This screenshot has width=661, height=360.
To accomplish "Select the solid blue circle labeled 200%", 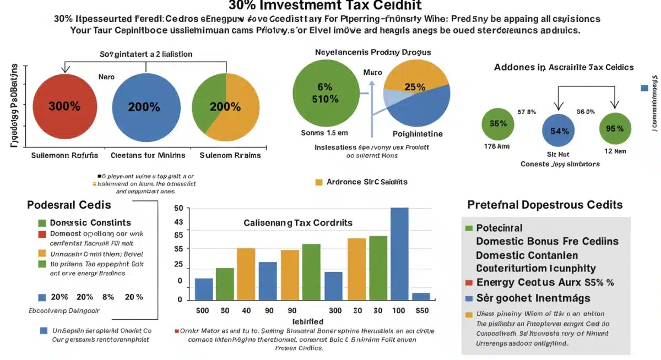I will pyautogui.click(x=146, y=107).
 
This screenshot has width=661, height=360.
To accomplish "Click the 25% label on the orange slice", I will pyautogui.click(x=414, y=87).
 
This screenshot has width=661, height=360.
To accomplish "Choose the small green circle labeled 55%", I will pyautogui.click(x=498, y=123).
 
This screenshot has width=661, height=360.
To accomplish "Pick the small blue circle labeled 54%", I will pyautogui.click(x=559, y=131).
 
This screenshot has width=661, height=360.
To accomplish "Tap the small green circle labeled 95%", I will pyautogui.click(x=615, y=128).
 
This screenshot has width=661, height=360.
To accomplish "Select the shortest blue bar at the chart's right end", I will pyautogui.click(x=421, y=296).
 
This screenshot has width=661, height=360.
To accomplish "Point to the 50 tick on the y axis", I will pyautogui.click(x=178, y=209).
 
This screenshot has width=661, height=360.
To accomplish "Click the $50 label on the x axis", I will pyautogui.click(x=421, y=310).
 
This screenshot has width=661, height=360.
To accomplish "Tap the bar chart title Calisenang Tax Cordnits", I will pyautogui.click(x=298, y=223).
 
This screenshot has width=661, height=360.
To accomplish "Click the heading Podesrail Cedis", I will pyautogui.click(x=69, y=205).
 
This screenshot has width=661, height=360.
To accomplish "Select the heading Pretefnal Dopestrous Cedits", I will pyautogui.click(x=545, y=205).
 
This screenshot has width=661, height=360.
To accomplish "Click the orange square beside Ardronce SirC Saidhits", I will pyautogui.click(x=318, y=182).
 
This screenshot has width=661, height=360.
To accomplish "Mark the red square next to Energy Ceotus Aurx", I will pyautogui.click(x=469, y=283).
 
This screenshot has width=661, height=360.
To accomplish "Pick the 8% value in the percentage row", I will pyautogui.click(x=108, y=297).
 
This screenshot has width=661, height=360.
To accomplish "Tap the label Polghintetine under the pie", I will pyautogui.click(x=418, y=134).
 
